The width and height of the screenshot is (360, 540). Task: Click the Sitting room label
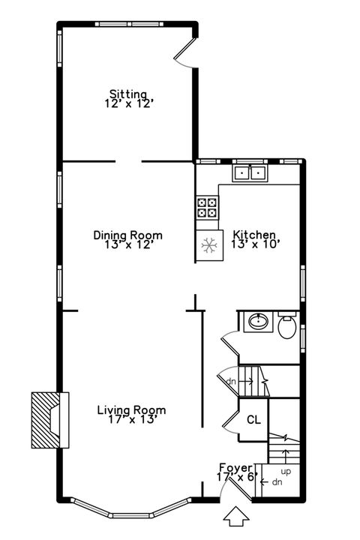(x=128, y=94)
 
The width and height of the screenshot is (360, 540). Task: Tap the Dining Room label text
(x=127, y=235)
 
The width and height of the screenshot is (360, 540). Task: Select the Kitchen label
(x=254, y=235)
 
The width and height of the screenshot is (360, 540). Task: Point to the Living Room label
(x=131, y=410)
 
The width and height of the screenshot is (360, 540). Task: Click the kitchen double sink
(x=250, y=173)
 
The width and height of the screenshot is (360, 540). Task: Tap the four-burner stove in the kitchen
(x=208, y=207)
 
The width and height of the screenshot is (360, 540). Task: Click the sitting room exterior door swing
(x=184, y=56)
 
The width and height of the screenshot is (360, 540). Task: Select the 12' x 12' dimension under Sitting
(x=129, y=104)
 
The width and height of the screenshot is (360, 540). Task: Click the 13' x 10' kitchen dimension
(x=255, y=244)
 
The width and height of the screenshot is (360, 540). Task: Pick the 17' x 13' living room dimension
(x=131, y=420)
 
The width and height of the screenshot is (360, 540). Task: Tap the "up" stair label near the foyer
(x=285, y=471)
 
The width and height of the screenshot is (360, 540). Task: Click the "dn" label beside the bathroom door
(x=230, y=381)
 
